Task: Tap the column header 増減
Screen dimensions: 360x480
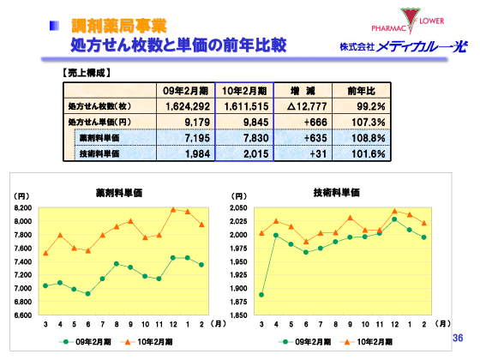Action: coord(303,91)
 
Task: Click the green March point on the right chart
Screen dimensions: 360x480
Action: coord(261,295)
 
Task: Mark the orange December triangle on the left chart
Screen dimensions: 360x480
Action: coord(173,208)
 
